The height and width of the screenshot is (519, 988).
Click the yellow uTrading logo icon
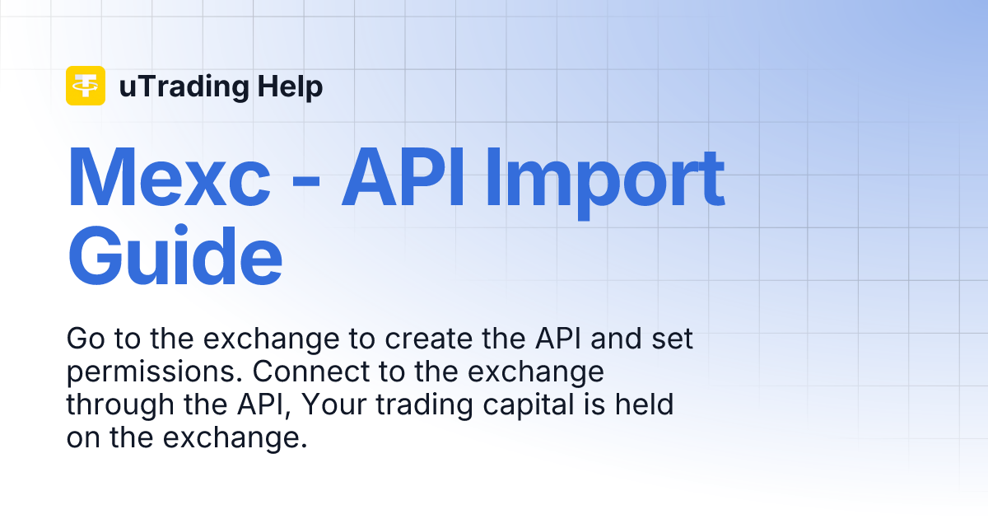click(86, 86)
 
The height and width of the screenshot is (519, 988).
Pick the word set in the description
click(683, 339)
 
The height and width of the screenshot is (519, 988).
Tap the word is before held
click(599, 405)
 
